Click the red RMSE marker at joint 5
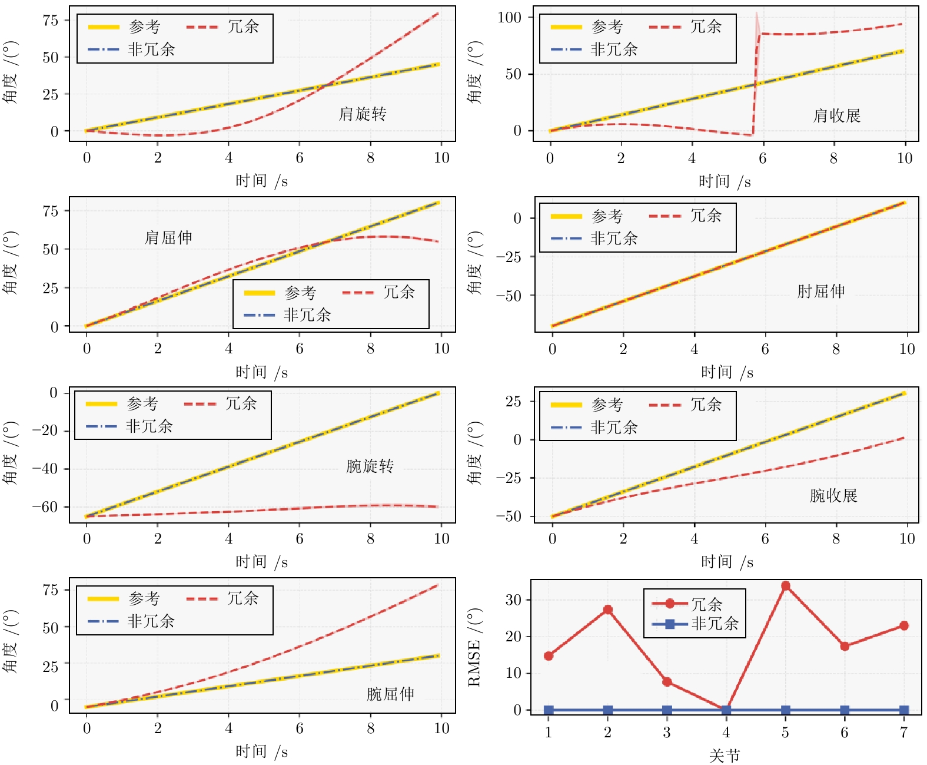click(x=785, y=585)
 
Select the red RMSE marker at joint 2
click(x=608, y=610)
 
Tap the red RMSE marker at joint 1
click(x=549, y=655)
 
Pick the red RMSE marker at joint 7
click(x=904, y=625)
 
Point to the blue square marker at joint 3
click(x=667, y=710)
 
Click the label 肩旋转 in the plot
click(x=363, y=114)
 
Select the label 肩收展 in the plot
click(x=836, y=116)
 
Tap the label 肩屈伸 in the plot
click(x=168, y=238)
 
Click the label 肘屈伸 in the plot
click(x=821, y=292)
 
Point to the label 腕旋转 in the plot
click(x=370, y=466)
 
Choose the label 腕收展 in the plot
click(x=833, y=496)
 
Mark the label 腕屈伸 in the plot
click(x=390, y=694)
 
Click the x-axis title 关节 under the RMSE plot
click(x=725, y=756)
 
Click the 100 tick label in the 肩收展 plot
click(x=509, y=17)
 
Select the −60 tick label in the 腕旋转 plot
click(x=45, y=507)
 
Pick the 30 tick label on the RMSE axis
click(x=513, y=600)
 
